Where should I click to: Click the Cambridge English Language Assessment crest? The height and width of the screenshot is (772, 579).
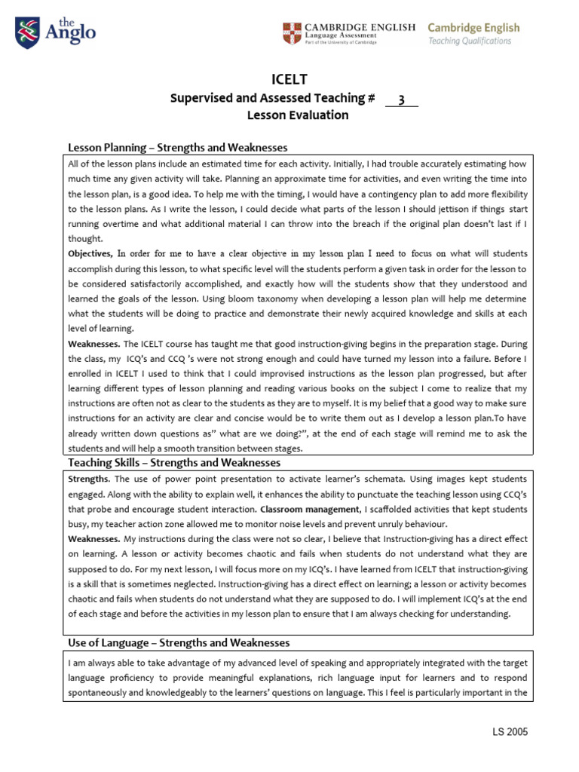coord(290,32)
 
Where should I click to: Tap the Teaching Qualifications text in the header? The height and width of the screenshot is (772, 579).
coord(470,41)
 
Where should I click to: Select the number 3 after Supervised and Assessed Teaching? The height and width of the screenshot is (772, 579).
coord(402,98)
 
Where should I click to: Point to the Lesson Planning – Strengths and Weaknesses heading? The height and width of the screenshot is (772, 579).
coord(178,148)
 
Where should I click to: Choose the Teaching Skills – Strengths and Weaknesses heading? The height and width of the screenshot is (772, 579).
coord(174,462)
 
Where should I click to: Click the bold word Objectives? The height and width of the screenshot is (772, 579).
coord(90,253)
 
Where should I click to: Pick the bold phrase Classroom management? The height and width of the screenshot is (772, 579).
coord(299,509)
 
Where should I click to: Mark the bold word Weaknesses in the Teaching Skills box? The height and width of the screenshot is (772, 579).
coord(93,539)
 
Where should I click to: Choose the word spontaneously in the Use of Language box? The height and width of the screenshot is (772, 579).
coord(103,693)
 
